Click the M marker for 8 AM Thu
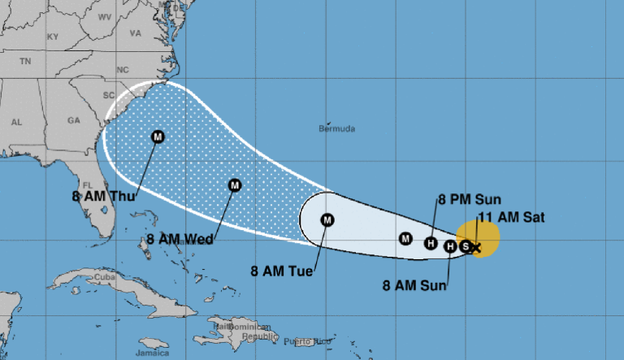click(x=158, y=137)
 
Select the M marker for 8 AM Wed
click(x=235, y=185)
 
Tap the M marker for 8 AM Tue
click(x=327, y=219)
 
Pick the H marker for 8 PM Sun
click(x=431, y=241)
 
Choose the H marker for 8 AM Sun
click(x=451, y=245)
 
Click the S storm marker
click(x=466, y=246)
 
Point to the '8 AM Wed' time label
click(x=180, y=239)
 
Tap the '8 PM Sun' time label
click(x=470, y=199)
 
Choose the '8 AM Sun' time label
click(x=414, y=284)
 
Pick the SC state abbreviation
click(x=109, y=94)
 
